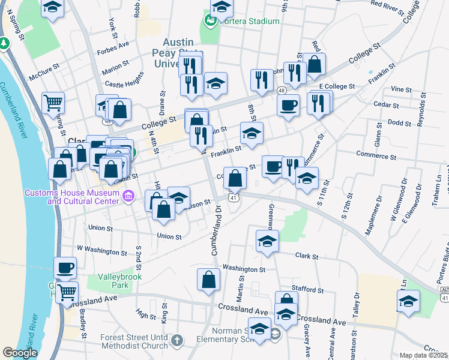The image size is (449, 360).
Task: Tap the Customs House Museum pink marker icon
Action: tap(128, 196)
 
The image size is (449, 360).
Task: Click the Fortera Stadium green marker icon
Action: tap(210, 21)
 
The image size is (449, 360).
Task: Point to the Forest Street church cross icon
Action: tap(176, 341)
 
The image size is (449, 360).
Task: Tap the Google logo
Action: tap(20, 353)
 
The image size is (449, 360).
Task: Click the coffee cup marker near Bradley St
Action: tap(65, 268)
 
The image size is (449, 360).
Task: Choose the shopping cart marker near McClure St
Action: tap(53, 103)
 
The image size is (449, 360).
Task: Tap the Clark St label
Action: tap(307, 256)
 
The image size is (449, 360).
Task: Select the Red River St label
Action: tap(390, 5)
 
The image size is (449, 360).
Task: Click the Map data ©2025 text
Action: tap(423, 355)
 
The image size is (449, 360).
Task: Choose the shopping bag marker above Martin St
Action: tap(208, 279)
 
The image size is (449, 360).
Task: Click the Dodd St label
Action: tap(400, 123)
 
